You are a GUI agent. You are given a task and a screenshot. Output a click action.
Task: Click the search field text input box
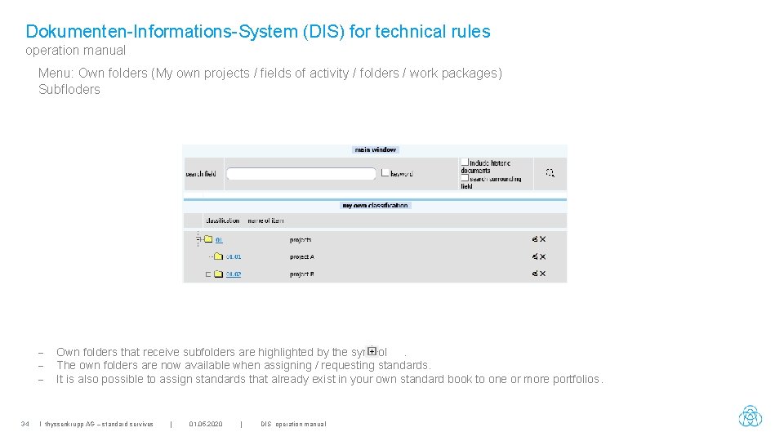[x=301, y=173]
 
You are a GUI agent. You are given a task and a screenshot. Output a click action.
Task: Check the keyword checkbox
[x=385, y=173]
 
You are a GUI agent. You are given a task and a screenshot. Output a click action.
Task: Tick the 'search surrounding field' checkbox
[x=465, y=177]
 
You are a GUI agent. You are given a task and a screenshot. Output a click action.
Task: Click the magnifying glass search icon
[x=550, y=173]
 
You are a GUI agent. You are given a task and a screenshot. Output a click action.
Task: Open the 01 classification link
[x=219, y=240]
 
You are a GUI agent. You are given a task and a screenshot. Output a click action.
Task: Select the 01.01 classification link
[x=234, y=257]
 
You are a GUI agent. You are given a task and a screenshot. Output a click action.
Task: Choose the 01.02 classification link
[x=234, y=274]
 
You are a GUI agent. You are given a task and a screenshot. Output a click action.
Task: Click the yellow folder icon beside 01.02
[x=218, y=274]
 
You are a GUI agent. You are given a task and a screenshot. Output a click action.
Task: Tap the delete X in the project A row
[x=542, y=257]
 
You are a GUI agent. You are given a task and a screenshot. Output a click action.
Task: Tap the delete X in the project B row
[x=542, y=274]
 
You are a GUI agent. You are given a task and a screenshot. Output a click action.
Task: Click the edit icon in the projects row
[x=534, y=240]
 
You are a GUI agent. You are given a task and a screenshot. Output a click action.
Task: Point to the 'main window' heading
[x=375, y=149]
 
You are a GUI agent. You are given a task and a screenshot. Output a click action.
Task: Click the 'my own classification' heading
[x=375, y=206]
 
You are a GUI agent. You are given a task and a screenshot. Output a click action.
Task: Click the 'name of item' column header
[x=265, y=220]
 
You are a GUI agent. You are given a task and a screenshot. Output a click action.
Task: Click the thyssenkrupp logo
[x=750, y=416]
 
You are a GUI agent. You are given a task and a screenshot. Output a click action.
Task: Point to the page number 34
[x=25, y=424]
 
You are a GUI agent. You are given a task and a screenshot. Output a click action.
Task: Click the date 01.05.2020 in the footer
[x=205, y=424]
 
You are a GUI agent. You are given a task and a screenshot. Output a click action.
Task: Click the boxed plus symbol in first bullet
[x=372, y=351]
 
